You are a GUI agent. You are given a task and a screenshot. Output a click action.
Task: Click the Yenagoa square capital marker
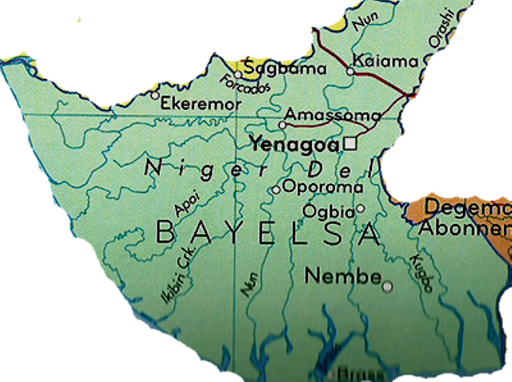click(350, 143)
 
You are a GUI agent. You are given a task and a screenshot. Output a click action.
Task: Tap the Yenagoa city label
click(295, 145)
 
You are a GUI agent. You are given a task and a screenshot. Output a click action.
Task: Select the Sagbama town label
click(285, 68)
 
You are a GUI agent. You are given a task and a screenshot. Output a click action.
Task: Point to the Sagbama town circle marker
click(238, 75)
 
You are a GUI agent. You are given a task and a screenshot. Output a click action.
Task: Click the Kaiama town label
click(385, 61)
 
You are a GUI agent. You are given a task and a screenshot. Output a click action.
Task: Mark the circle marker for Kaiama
click(350, 72)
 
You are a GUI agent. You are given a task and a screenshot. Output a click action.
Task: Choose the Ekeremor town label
click(201, 104)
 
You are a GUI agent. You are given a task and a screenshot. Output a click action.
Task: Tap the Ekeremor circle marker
click(155, 96)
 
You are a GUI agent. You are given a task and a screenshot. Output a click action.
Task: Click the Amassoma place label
click(332, 115)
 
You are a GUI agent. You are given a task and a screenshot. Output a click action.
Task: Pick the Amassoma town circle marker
click(282, 125)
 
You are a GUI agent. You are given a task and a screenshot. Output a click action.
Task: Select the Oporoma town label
click(323, 187)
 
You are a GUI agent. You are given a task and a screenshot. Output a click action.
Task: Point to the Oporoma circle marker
click(276, 190)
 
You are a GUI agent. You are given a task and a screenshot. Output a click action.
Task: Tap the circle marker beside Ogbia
click(360, 208)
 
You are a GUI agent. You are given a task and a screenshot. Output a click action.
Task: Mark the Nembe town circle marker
click(387, 287)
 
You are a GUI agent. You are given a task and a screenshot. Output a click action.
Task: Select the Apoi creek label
click(187, 205)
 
